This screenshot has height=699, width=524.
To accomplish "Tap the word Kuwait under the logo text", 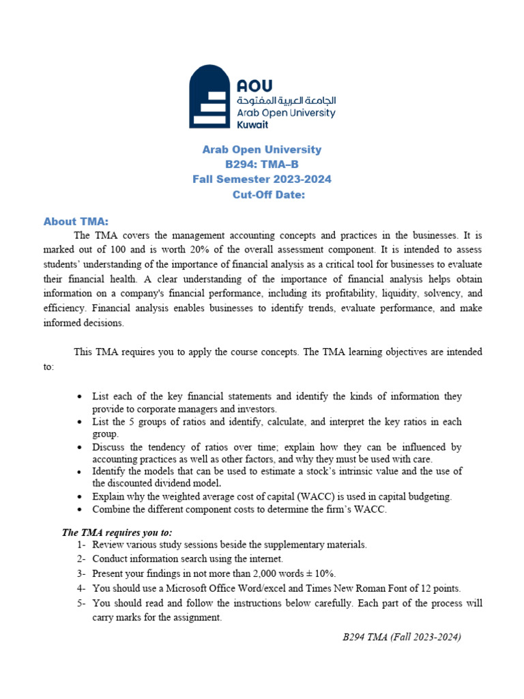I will tap(252, 125).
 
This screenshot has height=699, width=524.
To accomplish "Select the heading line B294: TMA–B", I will tap(262, 165).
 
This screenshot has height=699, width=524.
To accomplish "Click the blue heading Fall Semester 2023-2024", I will tap(262, 180).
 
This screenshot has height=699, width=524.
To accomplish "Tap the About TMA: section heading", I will tap(76, 221).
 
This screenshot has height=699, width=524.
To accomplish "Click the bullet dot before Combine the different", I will tap(81, 510).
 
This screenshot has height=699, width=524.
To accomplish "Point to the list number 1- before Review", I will tap(81, 545).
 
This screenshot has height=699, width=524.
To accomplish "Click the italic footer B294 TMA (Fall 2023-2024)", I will tap(402, 637).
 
